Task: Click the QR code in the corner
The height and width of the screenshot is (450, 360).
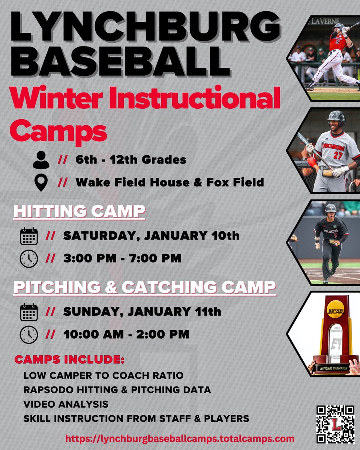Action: point(335,424)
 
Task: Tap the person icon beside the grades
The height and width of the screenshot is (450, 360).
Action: point(41,160)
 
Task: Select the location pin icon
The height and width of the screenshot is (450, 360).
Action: point(41,182)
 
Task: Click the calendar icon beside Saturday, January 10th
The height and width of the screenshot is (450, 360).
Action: point(29,236)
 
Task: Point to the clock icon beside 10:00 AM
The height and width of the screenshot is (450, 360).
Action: point(29,334)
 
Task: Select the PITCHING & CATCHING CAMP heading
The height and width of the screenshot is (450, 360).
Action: point(144,287)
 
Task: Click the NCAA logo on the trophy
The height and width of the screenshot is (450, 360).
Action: point(335,311)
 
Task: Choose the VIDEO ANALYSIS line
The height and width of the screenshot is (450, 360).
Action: point(66,404)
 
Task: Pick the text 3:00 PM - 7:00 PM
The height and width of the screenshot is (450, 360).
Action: point(122,258)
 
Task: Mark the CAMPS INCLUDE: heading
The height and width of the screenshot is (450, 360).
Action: point(69,360)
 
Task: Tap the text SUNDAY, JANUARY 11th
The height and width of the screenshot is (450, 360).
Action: point(142,312)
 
